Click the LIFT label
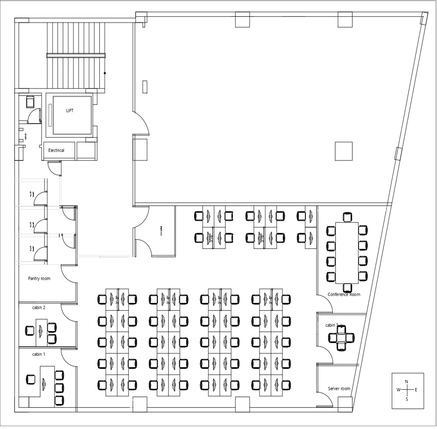click(x=70, y=111)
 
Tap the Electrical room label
click(x=56, y=150)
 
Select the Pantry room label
click(x=39, y=279)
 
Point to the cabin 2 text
click(x=39, y=308)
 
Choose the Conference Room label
click(x=344, y=294)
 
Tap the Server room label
click(x=339, y=388)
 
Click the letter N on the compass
click(x=406, y=382)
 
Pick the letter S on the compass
click(x=406, y=399)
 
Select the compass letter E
click(x=416, y=390)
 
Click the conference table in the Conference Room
click(x=347, y=252)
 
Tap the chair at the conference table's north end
click(x=347, y=217)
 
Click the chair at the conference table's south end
click(x=347, y=287)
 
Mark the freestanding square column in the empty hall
click(x=343, y=151)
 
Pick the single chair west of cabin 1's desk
click(x=30, y=379)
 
